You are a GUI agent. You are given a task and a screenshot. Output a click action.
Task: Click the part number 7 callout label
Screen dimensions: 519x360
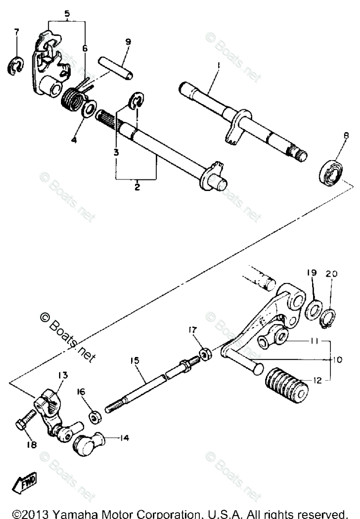pyautogui.click(x=16, y=32)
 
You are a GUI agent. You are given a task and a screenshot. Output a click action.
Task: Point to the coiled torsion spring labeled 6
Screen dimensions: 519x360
pyautogui.click(x=73, y=95)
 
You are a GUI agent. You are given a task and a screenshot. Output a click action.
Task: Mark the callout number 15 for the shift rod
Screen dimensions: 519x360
pyautogui.click(x=134, y=361)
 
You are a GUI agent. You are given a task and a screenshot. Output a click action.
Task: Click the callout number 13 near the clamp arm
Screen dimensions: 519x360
pyautogui.click(x=63, y=375)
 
